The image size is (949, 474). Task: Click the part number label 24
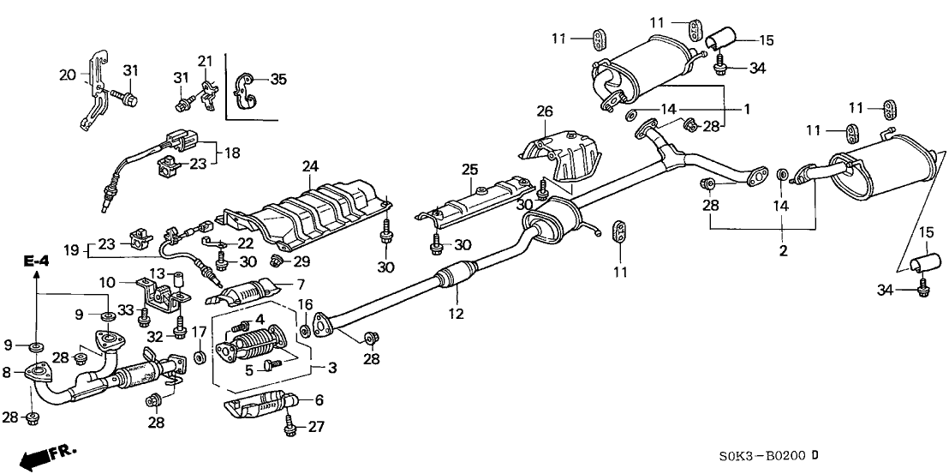[309, 165]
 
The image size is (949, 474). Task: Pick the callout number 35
[278, 80]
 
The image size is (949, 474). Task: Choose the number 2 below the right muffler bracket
[782, 251]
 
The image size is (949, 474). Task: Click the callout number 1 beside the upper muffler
[746, 110]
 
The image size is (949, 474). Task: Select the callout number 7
[300, 284]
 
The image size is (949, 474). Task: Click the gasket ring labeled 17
[199, 356]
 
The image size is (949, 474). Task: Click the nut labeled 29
[277, 260]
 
